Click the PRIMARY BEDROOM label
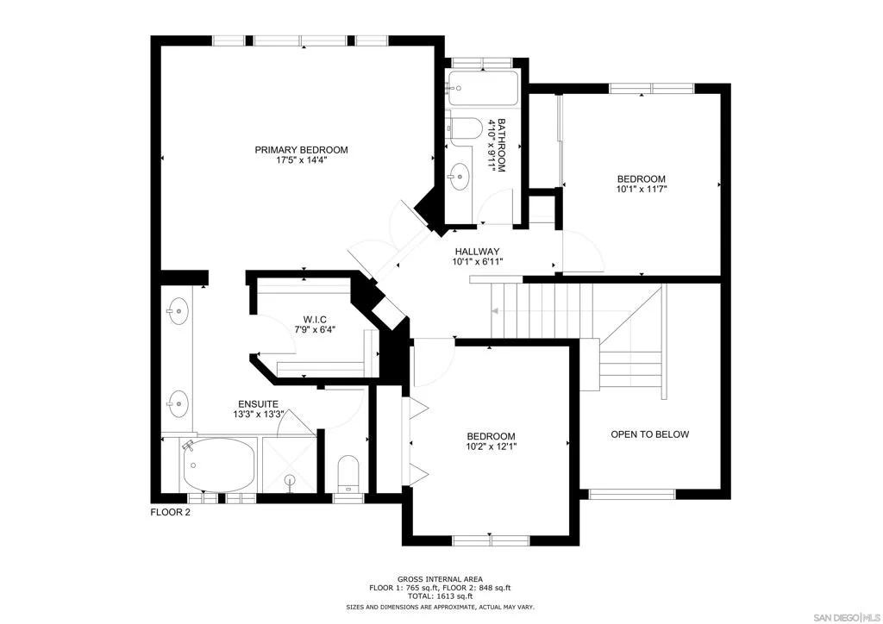click(301, 150)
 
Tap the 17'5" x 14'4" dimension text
click(301, 160)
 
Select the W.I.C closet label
click(315, 320)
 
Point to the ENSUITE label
click(258, 404)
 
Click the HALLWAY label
click(477, 252)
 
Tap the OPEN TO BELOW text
click(650, 434)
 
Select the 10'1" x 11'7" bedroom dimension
click(642, 190)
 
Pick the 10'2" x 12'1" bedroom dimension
click(491, 446)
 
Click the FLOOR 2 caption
click(170, 513)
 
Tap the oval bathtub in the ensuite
click(218, 465)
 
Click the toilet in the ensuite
click(348, 473)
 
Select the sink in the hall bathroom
click(460, 177)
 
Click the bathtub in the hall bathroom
click(483, 88)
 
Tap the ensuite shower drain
click(290, 479)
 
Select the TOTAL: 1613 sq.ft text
click(440, 596)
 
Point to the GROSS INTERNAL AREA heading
click(440, 579)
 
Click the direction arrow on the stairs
click(496, 311)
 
